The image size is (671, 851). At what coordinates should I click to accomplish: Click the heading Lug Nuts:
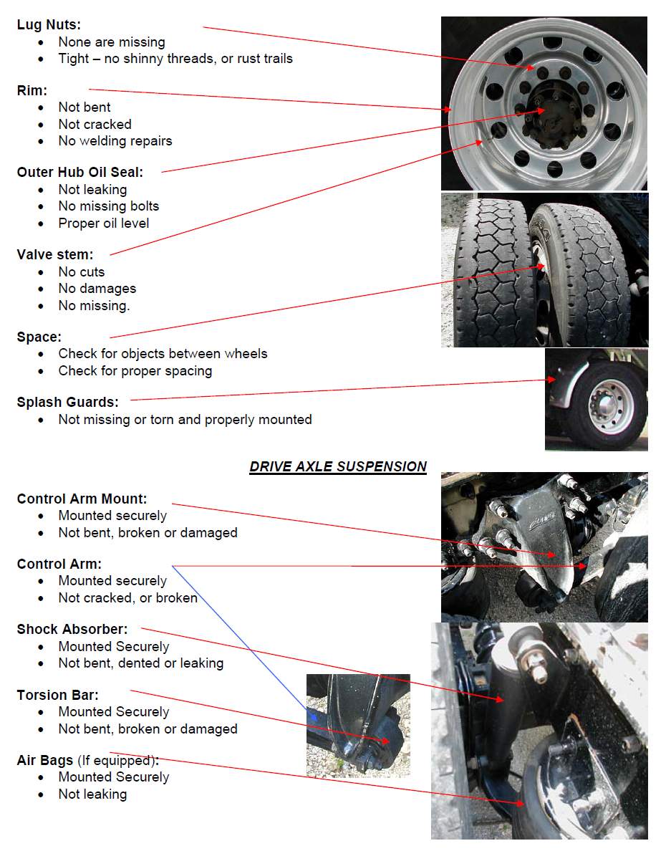(49, 25)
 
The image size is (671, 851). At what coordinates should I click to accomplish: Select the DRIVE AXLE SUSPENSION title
(337, 467)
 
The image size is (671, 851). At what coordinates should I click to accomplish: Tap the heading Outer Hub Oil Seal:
(80, 172)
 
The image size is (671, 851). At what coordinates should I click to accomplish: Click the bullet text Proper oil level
(104, 223)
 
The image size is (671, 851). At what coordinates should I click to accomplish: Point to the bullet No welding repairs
(115, 141)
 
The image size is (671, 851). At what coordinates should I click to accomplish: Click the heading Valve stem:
(55, 254)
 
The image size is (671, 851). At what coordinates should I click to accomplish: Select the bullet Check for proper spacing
(135, 371)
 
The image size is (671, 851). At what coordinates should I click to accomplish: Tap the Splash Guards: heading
(68, 402)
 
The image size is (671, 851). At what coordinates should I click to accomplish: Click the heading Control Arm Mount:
(82, 499)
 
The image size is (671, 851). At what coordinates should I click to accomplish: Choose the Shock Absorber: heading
(72, 629)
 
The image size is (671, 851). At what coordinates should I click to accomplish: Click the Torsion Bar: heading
(58, 695)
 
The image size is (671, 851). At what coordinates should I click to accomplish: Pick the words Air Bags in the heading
(45, 760)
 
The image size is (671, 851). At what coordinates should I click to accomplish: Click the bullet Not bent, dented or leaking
(141, 663)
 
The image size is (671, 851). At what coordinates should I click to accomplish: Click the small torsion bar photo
(358, 725)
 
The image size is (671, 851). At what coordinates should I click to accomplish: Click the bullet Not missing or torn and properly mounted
(185, 420)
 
